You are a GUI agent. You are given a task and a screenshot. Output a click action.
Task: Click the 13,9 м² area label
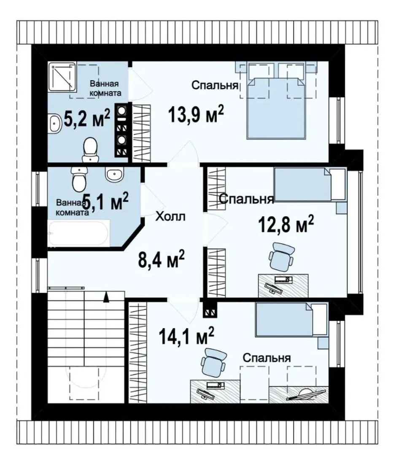click(x=196, y=114)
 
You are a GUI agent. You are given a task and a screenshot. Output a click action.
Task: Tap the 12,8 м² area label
click(x=286, y=224)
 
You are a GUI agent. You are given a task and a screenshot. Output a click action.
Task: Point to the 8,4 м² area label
click(x=161, y=259)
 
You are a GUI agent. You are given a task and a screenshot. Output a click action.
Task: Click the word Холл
click(x=170, y=216)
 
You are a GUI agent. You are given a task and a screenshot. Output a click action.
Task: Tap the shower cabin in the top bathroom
click(x=62, y=76)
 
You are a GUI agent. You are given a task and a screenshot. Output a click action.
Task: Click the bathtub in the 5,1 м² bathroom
click(x=79, y=233)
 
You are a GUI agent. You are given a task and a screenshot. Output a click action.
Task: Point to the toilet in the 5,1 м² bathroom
click(x=79, y=179)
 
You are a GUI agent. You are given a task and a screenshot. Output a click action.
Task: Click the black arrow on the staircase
click(x=106, y=297)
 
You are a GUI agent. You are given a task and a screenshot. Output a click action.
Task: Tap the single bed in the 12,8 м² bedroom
click(x=310, y=185)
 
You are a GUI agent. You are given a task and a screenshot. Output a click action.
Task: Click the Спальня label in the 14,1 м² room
click(x=266, y=358)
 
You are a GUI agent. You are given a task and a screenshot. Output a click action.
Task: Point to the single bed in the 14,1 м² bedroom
click(x=291, y=320)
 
